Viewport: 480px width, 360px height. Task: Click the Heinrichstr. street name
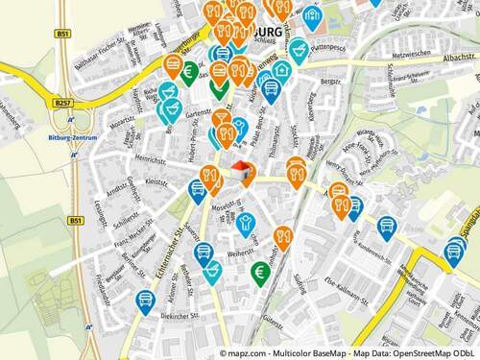tap(152, 159)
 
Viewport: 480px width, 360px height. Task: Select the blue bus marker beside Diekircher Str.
tap(145, 300)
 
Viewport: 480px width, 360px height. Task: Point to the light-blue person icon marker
tap(250, 224)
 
